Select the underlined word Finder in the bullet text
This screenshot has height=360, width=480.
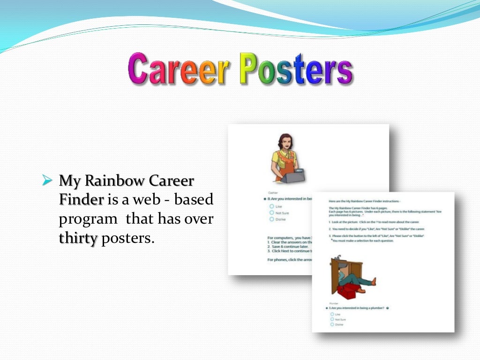81,200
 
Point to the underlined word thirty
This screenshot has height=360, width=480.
78,238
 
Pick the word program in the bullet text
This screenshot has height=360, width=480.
88,219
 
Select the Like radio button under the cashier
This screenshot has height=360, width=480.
271,206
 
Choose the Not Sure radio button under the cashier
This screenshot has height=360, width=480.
271,212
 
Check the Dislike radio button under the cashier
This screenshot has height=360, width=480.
271,218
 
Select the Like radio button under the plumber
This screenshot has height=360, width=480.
332,314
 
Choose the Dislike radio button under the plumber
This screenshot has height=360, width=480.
332,324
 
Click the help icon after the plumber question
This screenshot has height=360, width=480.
388,308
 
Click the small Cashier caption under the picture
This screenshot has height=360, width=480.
273,193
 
